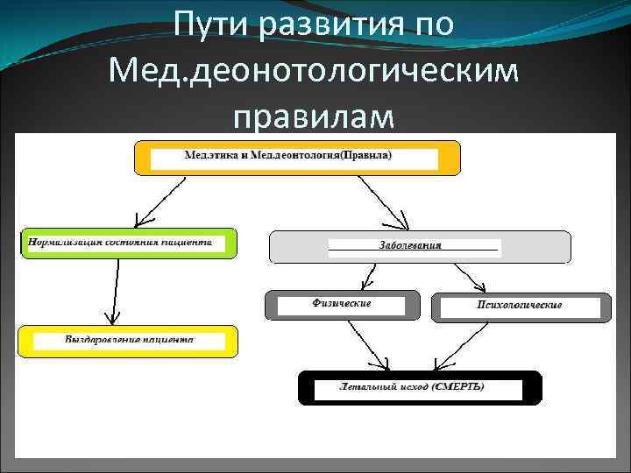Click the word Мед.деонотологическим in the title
(315, 69)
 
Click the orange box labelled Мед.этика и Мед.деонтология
(296, 158)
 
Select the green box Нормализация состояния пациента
(128, 244)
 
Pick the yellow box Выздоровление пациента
(128, 341)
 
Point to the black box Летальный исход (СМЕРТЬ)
(420, 387)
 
